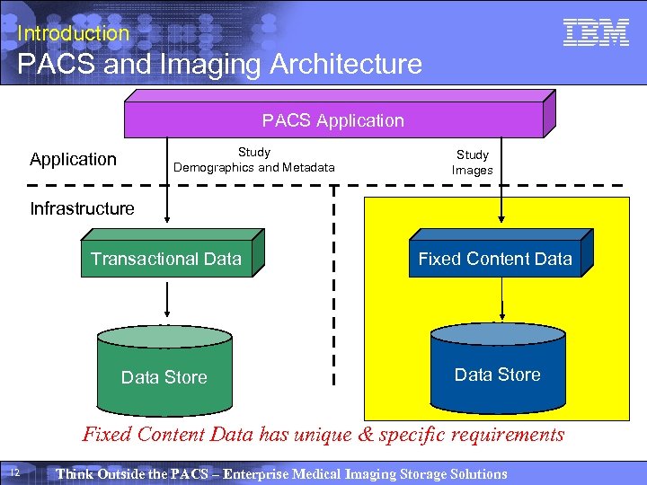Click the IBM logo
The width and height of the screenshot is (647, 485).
click(x=595, y=33)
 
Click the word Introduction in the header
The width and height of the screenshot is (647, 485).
click(x=74, y=33)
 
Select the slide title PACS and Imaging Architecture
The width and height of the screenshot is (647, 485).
click(x=219, y=65)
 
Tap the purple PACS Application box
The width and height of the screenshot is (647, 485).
click(x=333, y=119)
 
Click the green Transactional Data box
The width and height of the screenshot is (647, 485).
click(x=166, y=259)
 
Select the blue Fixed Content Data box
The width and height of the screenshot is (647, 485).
click(x=495, y=259)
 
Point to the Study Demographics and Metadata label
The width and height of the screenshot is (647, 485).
click(x=254, y=160)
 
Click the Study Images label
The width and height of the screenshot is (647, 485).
click(x=473, y=163)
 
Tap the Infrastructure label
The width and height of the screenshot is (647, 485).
click(x=82, y=208)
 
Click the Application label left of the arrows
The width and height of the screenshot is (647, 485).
click(x=73, y=159)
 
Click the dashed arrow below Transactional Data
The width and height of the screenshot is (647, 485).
click(x=165, y=297)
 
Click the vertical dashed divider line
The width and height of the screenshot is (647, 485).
click(x=334, y=287)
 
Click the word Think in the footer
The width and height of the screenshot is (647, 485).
click(x=74, y=473)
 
